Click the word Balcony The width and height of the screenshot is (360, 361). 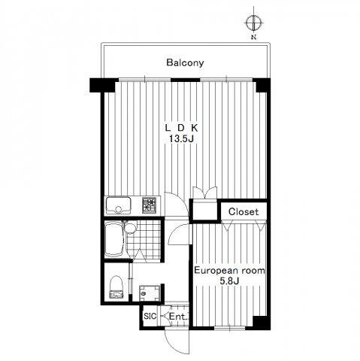click(185, 62)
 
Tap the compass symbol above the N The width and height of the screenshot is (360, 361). click(254, 23)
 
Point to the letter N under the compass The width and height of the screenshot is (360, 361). click(254, 38)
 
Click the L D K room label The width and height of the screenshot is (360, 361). click(181, 128)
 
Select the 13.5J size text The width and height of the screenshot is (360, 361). click(181, 138)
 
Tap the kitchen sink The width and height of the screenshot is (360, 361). click(118, 205)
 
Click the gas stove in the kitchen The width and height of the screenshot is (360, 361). click(150, 205)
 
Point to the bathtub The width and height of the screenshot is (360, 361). click(114, 239)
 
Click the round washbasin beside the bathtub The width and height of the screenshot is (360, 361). click(130, 228)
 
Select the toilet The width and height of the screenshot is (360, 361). click(116, 287)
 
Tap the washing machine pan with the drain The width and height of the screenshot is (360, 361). click(150, 293)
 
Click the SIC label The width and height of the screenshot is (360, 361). click(150, 316)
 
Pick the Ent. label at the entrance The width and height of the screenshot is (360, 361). click(178, 317)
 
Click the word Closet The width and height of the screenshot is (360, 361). click(244, 212)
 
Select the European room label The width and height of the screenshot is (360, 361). click(229, 271)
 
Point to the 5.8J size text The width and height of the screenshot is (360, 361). click(229, 281)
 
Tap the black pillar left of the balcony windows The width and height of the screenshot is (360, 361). click(103, 85)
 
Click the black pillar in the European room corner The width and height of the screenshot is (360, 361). click(262, 323)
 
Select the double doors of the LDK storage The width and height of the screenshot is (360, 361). click(205, 193)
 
